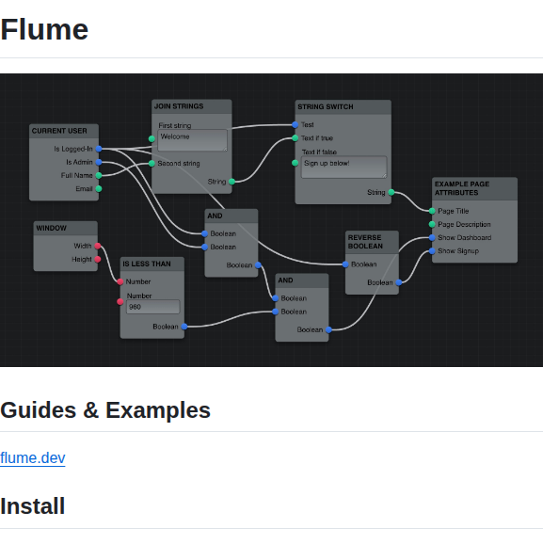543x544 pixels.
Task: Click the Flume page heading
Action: [44, 30]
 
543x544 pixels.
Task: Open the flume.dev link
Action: [33, 458]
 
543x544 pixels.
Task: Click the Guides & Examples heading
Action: [105, 410]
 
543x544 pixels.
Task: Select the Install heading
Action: [33, 506]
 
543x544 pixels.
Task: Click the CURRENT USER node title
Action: [58, 131]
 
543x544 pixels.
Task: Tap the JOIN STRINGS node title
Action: [179, 106]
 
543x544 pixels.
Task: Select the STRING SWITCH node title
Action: [326, 106]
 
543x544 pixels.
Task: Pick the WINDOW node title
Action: [51, 228]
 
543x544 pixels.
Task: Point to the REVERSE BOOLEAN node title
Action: [365, 242]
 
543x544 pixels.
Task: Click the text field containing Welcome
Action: [192, 139]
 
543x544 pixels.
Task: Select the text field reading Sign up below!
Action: [343, 166]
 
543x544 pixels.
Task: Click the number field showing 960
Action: [152, 307]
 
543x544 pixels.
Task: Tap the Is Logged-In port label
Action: [73, 149]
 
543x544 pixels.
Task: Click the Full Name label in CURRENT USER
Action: [77, 175]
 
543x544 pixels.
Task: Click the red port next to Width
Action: [98, 246]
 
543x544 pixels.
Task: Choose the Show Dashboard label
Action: [464, 237]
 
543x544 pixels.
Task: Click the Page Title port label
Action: [454, 211]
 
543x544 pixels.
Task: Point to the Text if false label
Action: [319, 152]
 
